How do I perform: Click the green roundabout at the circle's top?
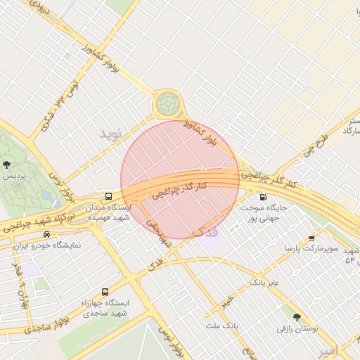[167, 104]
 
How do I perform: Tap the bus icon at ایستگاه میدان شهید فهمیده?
[108, 197]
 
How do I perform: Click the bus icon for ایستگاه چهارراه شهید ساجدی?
[105, 292]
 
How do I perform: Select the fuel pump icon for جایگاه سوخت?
[263, 198]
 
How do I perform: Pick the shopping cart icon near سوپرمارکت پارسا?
[312, 239]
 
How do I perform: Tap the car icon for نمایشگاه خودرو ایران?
[47, 234]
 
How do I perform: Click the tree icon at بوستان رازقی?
[297, 317]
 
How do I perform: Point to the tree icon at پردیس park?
[6, 165]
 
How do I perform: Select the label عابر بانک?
[264, 283]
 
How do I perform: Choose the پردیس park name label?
[14, 176]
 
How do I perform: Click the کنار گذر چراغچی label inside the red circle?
[181, 189]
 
